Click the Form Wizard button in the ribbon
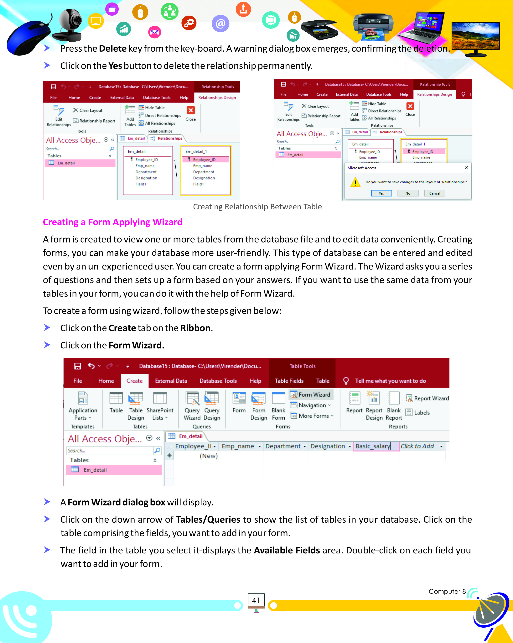pos(311,395)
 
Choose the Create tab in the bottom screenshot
pos(134,381)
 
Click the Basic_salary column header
pos(373,446)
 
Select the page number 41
pos(256,600)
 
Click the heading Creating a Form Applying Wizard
pos(112,222)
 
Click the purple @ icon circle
pos(220,24)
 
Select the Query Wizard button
pos(192,406)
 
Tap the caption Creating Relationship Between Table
pos(257,207)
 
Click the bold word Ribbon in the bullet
pos(195,328)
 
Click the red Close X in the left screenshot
pos(191,110)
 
